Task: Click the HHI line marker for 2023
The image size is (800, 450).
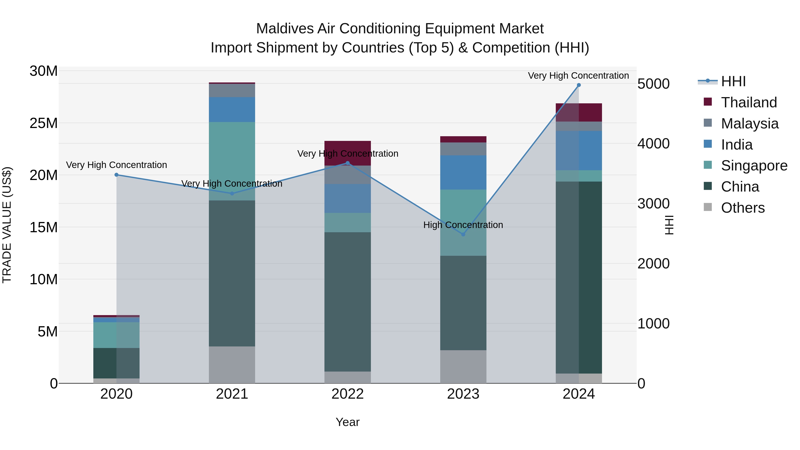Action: pos(463,234)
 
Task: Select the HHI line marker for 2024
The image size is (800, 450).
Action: pos(579,85)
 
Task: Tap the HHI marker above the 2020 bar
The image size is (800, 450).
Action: pos(116,175)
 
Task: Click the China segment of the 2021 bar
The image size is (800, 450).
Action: pos(232,273)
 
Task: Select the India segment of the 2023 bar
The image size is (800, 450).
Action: pos(463,172)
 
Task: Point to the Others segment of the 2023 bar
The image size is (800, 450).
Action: pos(463,366)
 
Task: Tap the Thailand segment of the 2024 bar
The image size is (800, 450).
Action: pos(579,112)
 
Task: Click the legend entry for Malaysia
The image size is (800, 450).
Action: pos(749,124)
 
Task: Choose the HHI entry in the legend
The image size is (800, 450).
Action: pos(733,81)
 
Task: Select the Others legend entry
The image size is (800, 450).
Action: pos(742,208)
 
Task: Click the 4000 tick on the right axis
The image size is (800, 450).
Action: pos(653,144)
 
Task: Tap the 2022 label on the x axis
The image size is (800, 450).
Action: pos(348,394)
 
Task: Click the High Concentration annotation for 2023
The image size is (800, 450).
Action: pos(463,225)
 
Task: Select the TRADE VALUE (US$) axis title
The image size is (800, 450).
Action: pos(7,225)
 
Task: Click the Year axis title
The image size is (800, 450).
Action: pos(348,422)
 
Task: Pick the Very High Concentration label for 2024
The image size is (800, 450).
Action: pos(578,76)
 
